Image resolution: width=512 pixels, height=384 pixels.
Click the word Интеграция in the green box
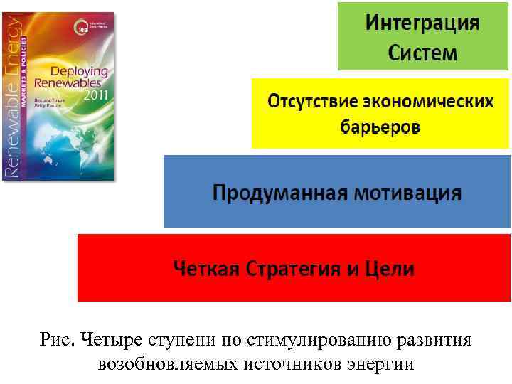(x=422, y=22)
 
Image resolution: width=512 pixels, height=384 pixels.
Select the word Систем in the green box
(x=422, y=53)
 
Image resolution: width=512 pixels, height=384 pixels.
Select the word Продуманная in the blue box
(x=278, y=193)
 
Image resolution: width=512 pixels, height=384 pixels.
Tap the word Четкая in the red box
(x=208, y=270)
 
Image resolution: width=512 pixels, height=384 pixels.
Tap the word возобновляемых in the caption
(x=168, y=365)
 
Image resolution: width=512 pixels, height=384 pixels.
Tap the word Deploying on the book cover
(x=78, y=71)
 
